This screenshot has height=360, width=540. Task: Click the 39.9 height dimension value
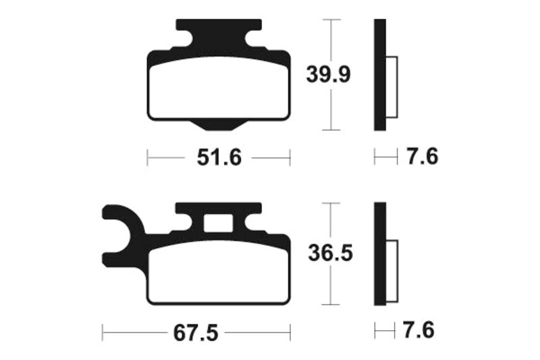tap(329, 74)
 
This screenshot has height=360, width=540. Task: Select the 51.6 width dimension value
tap(218, 158)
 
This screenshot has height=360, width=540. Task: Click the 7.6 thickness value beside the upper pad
tap(423, 157)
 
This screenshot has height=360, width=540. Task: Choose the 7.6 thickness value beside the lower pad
tap(417, 331)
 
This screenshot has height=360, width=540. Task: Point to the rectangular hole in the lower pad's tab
tap(218, 222)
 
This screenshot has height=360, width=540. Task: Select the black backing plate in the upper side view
tap(379, 74)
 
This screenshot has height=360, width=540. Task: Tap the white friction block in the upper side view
tap(391, 84)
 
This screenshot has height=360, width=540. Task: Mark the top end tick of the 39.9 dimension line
tap(329, 20)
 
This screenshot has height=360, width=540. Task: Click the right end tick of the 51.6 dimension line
tap(290, 158)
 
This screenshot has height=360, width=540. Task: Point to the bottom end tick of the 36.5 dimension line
tap(329, 306)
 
